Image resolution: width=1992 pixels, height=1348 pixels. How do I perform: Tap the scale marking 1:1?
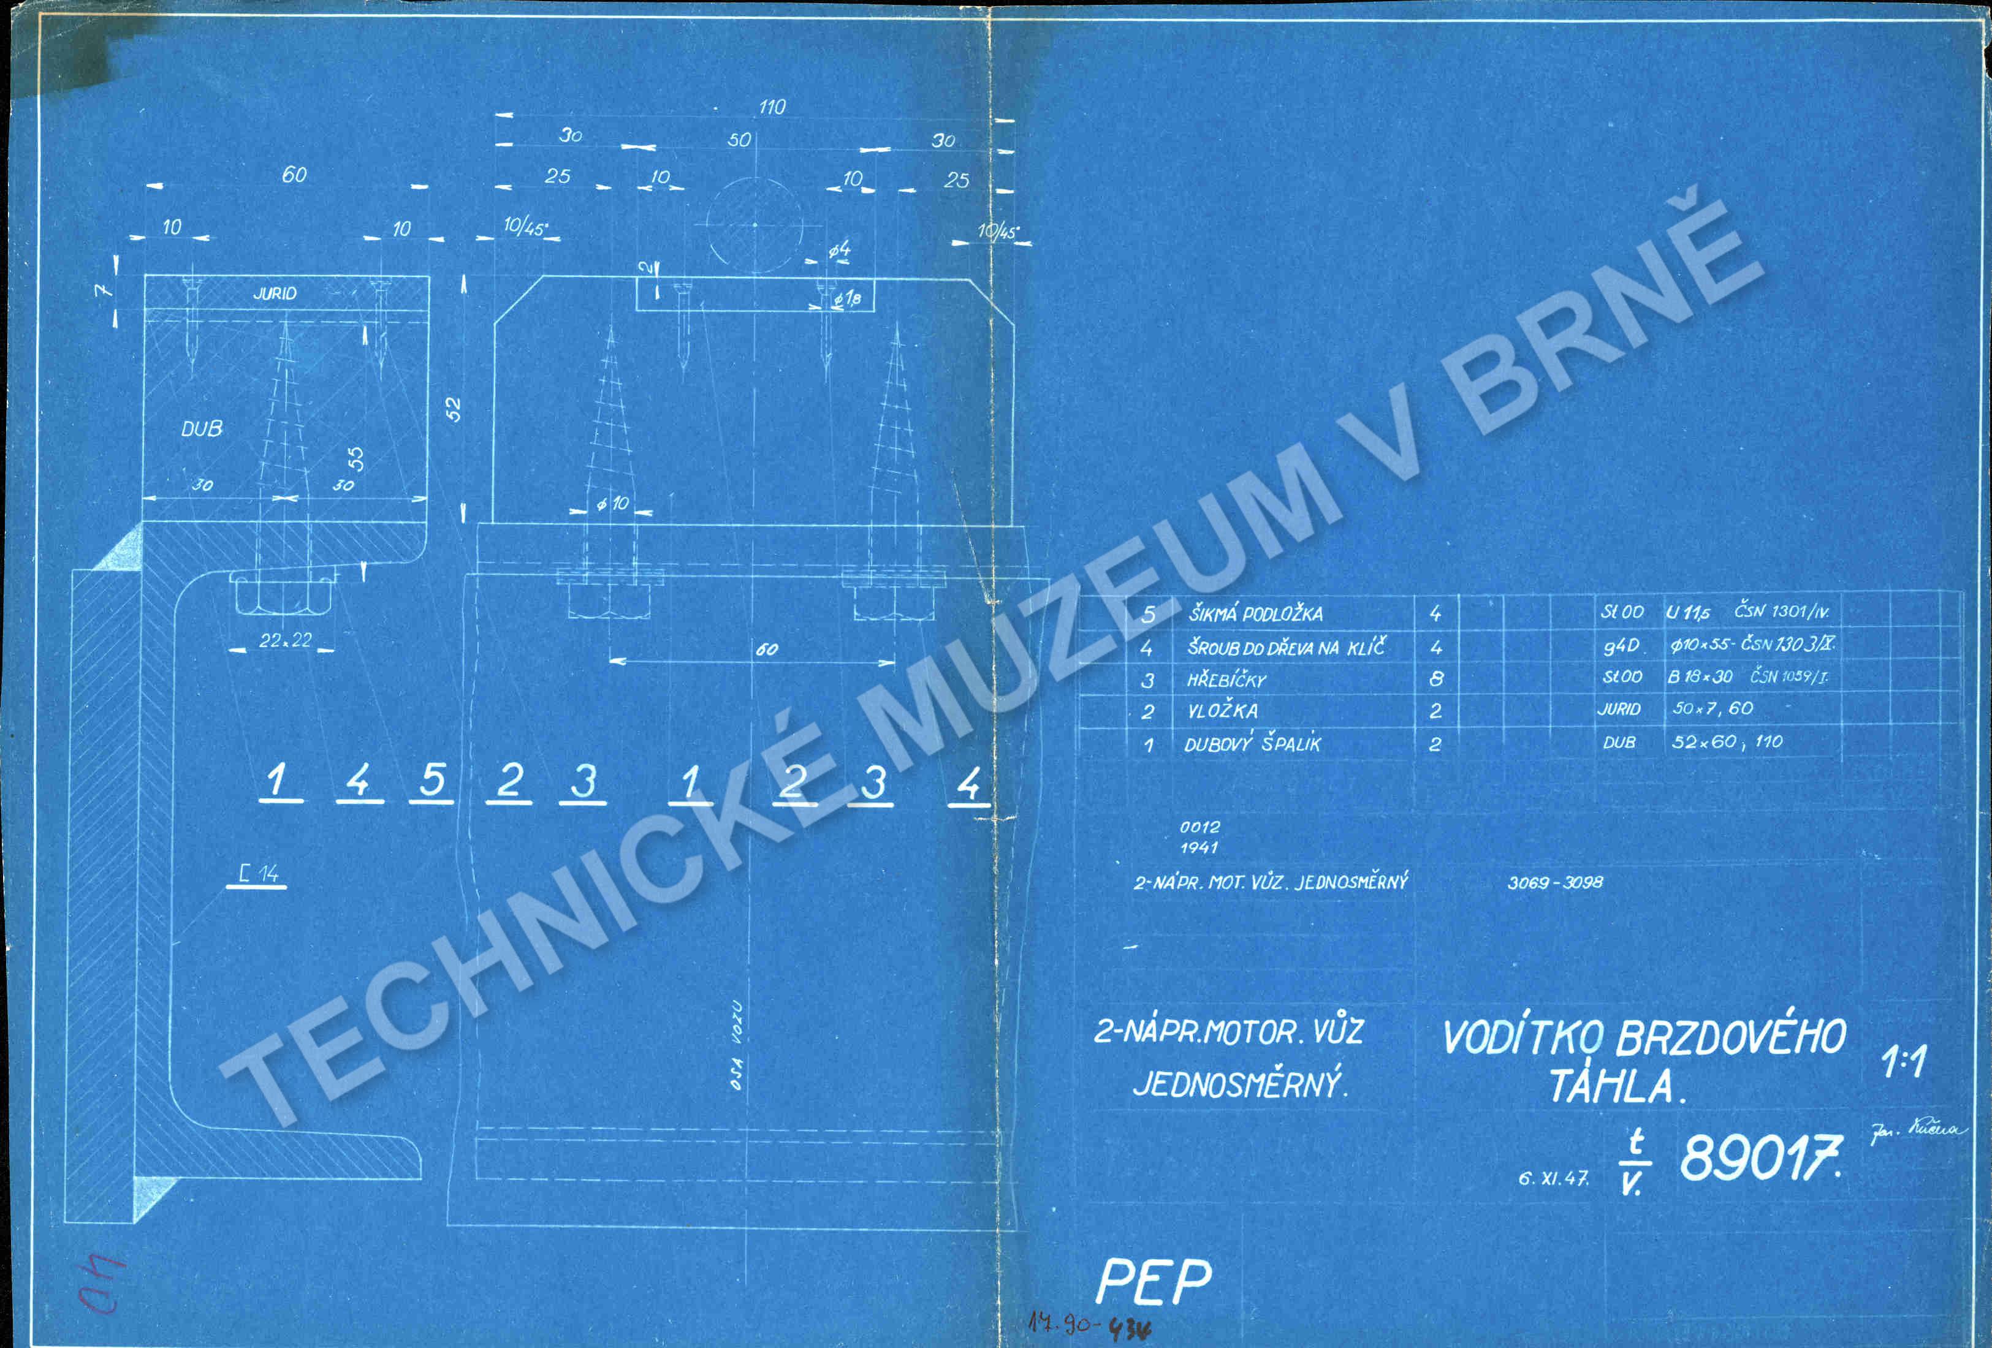1904,1062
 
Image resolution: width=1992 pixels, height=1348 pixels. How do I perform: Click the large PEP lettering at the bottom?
1154,1282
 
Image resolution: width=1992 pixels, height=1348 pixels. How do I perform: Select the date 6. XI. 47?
1553,1178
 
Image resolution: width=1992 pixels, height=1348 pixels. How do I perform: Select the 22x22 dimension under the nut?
286,640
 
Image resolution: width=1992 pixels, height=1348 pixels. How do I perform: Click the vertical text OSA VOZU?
736,1045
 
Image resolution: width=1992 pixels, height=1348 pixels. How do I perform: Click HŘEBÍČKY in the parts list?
1226,680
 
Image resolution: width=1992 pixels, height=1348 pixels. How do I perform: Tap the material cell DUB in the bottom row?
1619,742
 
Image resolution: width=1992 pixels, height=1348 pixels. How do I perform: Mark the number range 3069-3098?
1555,882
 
